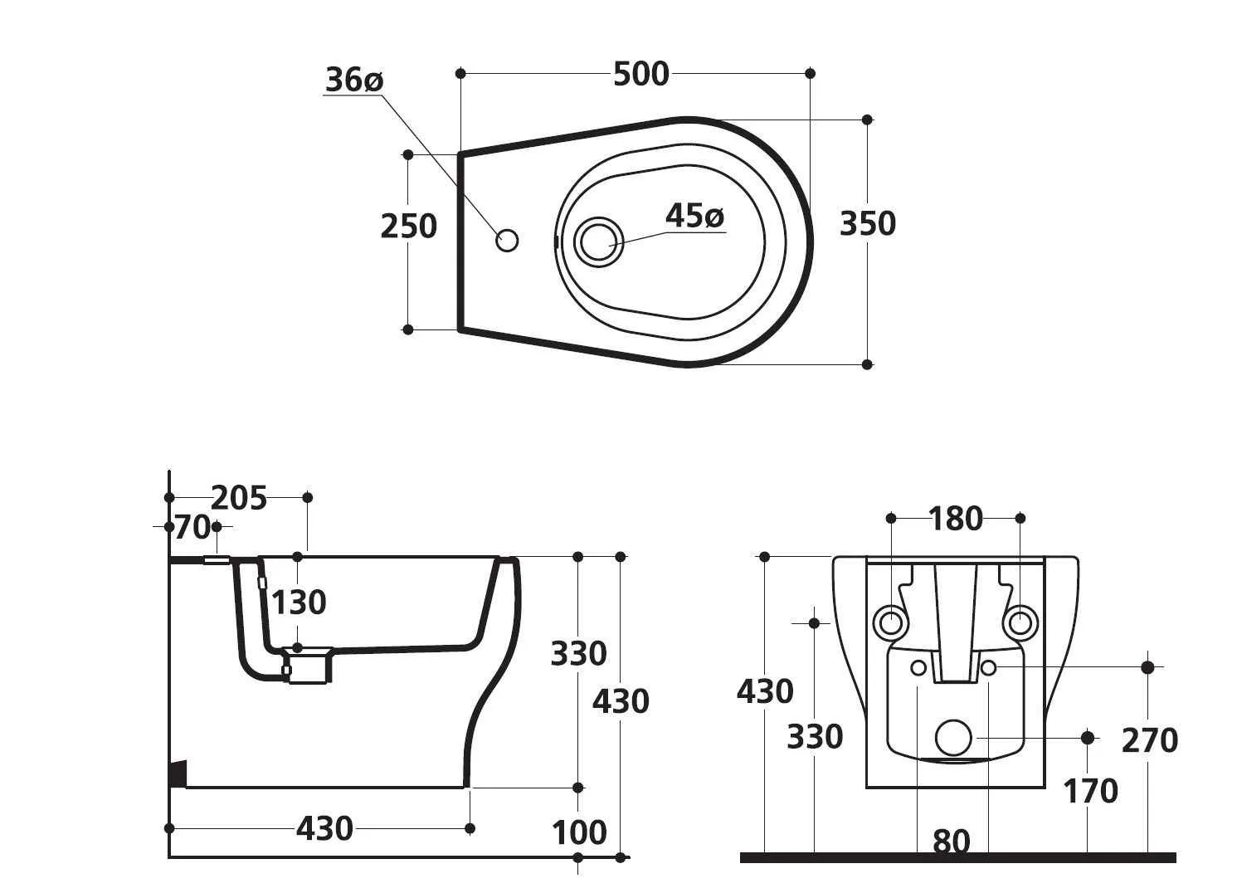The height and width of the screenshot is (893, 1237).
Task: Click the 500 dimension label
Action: click(x=640, y=75)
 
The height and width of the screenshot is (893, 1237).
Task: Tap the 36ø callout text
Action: click(x=353, y=81)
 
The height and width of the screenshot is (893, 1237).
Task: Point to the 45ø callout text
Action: click(x=694, y=217)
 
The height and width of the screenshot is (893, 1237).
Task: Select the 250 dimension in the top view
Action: click(x=408, y=226)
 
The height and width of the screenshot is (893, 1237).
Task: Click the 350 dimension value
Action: click(x=868, y=224)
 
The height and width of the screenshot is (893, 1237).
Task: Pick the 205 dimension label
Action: click(x=239, y=498)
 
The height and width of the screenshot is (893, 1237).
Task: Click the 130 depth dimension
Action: click(x=299, y=603)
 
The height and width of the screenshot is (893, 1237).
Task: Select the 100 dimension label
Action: click(x=579, y=832)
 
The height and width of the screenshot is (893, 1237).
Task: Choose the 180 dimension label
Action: click(x=956, y=519)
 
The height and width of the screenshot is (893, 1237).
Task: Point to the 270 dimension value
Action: click(x=1149, y=740)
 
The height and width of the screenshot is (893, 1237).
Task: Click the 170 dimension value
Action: click(x=1090, y=792)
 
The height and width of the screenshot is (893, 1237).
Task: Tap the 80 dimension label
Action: click(x=952, y=842)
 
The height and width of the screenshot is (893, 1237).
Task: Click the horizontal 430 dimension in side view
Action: click(x=324, y=828)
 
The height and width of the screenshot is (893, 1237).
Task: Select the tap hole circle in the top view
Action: click(x=507, y=241)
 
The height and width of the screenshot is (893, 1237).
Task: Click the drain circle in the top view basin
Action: click(x=597, y=242)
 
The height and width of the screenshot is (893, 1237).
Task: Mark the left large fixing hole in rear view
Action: click(x=891, y=621)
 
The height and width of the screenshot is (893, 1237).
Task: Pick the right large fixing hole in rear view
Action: click(x=1020, y=621)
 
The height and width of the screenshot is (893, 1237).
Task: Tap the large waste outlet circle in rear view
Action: click(x=953, y=737)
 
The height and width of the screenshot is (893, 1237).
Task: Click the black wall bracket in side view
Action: click(x=178, y=773)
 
